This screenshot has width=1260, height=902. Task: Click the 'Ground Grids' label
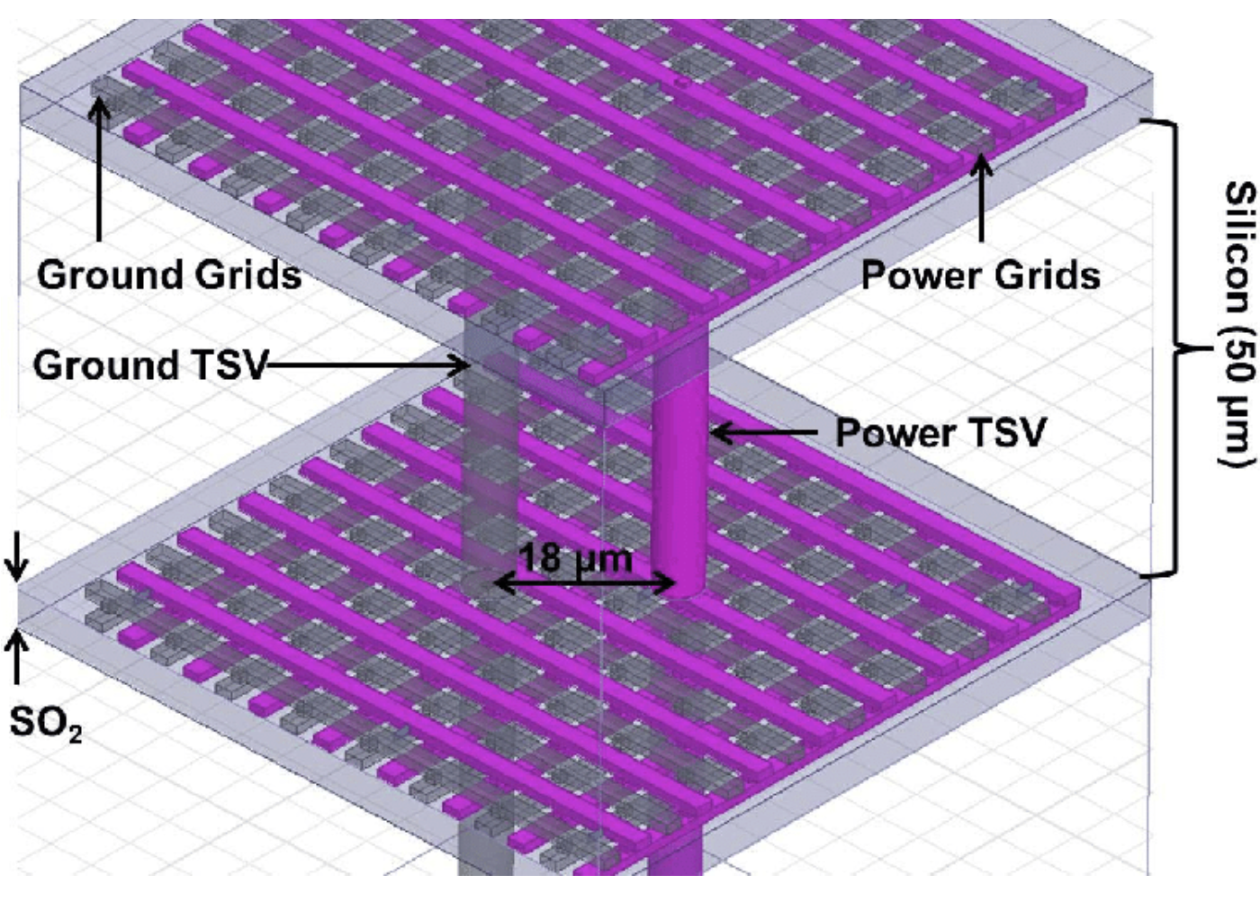tap(168, 275)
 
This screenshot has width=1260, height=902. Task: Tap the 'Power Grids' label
tap(980, 275)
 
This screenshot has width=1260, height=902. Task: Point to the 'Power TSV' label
tap(940, 433)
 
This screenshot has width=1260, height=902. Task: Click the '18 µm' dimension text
tap(576, 558)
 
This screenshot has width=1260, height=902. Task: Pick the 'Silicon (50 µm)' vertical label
tap(1238, 324)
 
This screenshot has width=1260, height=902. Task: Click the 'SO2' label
tap(45, 723)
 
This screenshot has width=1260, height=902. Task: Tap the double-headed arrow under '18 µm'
tap(584, 584)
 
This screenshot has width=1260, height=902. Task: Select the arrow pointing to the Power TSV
tap(765, 433)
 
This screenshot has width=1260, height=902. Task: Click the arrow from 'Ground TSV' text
tap(369, 365)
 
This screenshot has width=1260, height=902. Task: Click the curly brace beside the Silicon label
tap(1170, 347)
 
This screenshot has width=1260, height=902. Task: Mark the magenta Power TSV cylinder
tap(681, 486)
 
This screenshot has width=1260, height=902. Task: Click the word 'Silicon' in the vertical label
tap(1238, 243)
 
